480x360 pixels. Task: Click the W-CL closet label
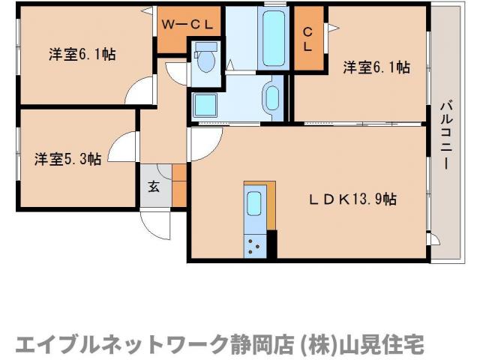point(190,25)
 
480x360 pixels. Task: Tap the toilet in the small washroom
point(205,61)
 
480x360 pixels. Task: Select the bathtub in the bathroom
point(274,38)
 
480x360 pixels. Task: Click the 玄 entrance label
point(154,187)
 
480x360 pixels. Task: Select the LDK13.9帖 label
point(353,199)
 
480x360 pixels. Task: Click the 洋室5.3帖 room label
point(67,159)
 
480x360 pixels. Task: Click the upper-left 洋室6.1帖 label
point(82,54)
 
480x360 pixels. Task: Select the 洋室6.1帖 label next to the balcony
point(376,67)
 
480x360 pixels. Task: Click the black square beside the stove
point(272,244)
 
